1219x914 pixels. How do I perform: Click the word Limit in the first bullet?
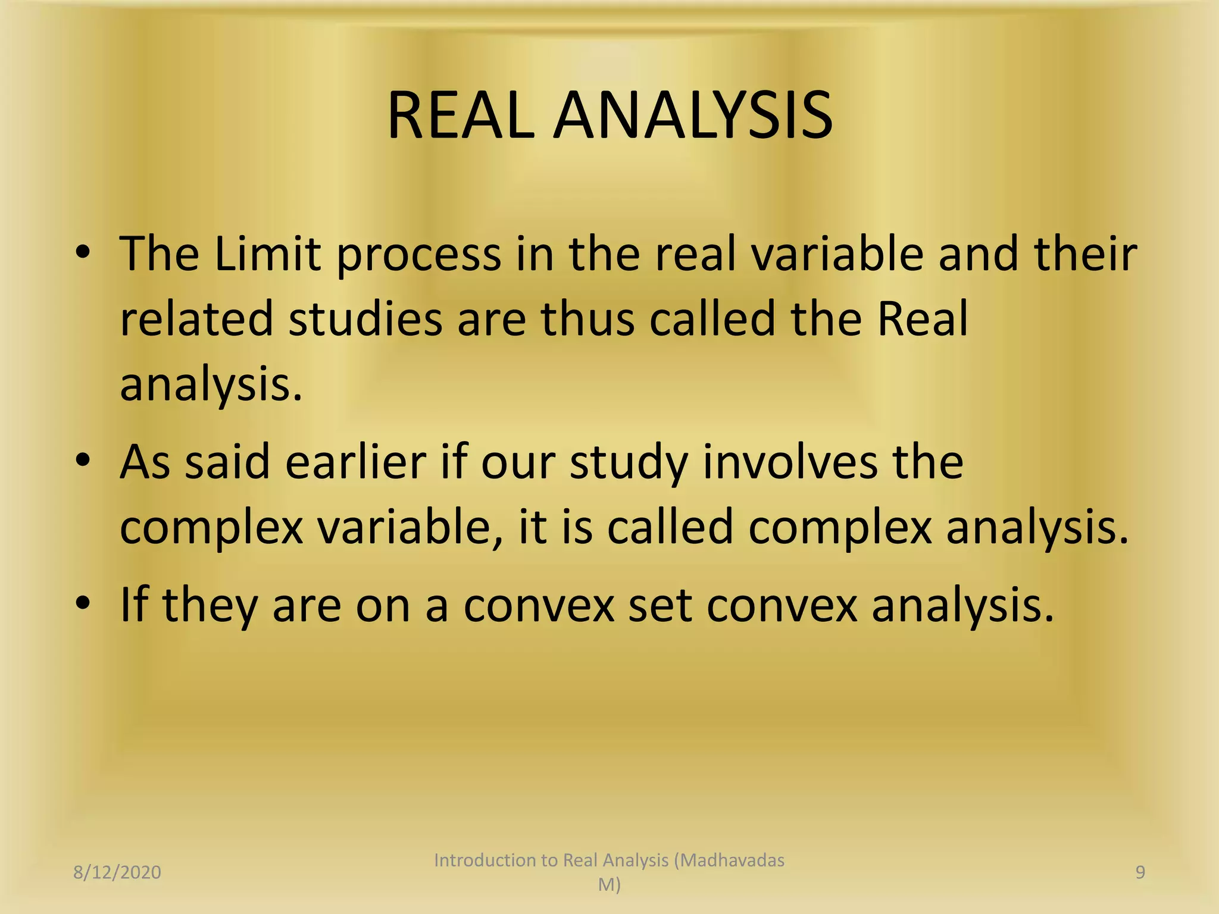267,254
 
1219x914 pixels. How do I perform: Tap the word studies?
365,320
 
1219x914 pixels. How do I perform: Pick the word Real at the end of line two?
923,320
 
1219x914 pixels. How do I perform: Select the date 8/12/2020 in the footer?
117,872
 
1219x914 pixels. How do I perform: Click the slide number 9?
1140,872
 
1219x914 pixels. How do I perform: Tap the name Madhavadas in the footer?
732,860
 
